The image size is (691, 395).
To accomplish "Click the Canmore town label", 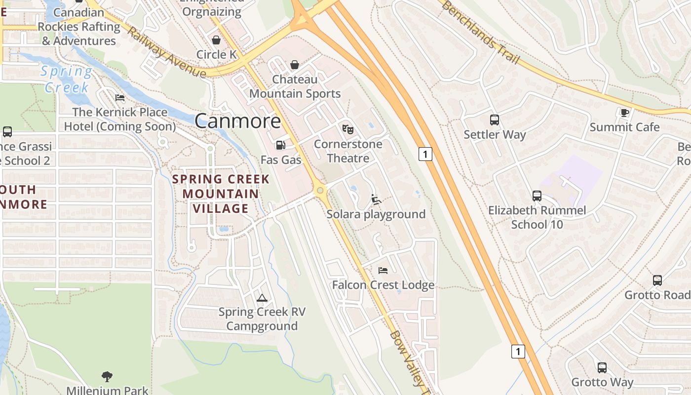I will click(x=238, y=121).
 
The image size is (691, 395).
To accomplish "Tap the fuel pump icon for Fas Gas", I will click(x=280, y=145).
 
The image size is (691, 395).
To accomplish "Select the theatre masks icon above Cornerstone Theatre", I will click(x=348, y=129).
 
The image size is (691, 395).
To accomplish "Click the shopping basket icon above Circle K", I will click(x=216, y=40).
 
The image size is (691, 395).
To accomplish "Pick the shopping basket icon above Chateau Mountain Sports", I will click(x=295, y=65).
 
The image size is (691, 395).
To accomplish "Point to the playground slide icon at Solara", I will click(x=376, y=199).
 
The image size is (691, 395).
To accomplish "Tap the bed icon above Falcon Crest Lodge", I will click(x=383, y=270).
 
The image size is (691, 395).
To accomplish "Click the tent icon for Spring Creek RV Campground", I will click(x=262, y=298).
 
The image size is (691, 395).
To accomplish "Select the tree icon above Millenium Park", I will click(x=107, y=377).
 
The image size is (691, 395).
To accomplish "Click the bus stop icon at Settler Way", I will click(x=495, y=119).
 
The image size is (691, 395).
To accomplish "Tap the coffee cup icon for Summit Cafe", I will click(x=624, y=113).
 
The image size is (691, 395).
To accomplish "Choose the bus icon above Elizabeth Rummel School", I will click(x=537, y=196).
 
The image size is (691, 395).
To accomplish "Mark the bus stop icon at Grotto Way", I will click(x=602, y=368).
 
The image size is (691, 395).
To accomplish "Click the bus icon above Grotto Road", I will click(x=657, y=280).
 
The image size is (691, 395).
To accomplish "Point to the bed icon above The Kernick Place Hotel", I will click(x=120, y=98).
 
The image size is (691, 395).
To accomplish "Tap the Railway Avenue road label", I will click(x=166, y=52).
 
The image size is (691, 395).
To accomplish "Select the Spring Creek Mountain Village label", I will click(x=221, y=194).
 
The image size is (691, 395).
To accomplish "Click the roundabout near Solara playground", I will click(x=321, y=190).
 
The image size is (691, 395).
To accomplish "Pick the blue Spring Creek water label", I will click(x=67, y=79).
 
